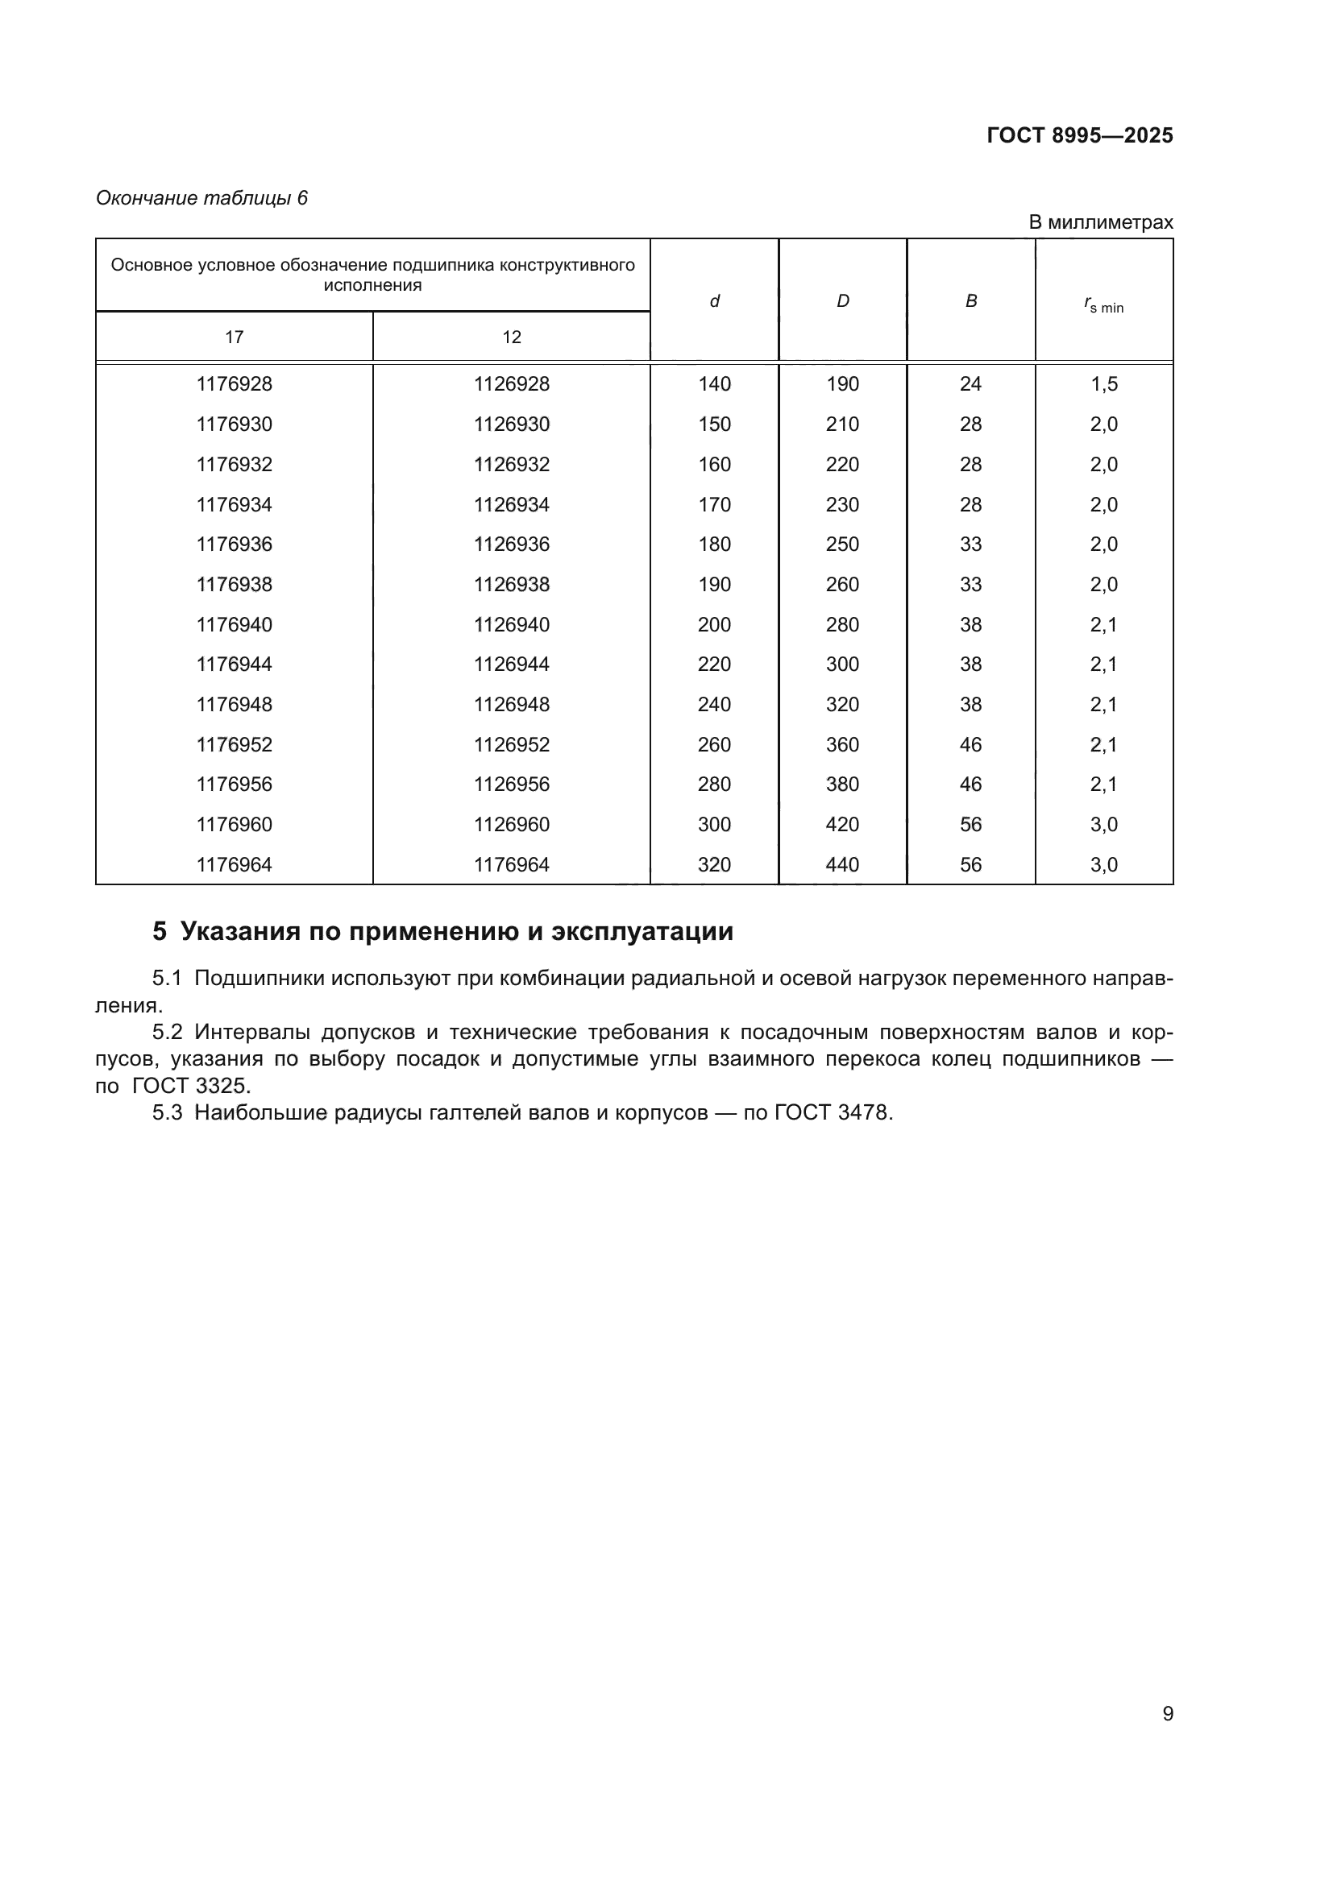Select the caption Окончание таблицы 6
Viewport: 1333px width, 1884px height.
[201, 198]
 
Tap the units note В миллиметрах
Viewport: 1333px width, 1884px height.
[1100, 222]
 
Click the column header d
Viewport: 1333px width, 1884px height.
[714, 301]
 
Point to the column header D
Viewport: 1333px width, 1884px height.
[842, 301]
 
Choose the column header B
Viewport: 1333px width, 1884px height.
[970, 301]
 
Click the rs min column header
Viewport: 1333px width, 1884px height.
[1103, 305]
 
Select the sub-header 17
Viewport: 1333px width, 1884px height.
[234, 337]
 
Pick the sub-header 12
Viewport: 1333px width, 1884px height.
[512, 337]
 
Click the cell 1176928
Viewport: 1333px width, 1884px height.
[234, 384]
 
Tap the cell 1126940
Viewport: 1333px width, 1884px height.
[512, 624]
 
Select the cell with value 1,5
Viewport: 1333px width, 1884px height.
[1103, 384]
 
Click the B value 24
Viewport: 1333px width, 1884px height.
[970, 384]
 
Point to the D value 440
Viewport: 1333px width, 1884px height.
[842, 864]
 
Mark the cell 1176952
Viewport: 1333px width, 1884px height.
[234, 744]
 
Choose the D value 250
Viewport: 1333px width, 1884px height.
[842, 544]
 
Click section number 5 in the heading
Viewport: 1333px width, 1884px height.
[160, 931]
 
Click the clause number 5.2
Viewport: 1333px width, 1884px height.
[168, 1033]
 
